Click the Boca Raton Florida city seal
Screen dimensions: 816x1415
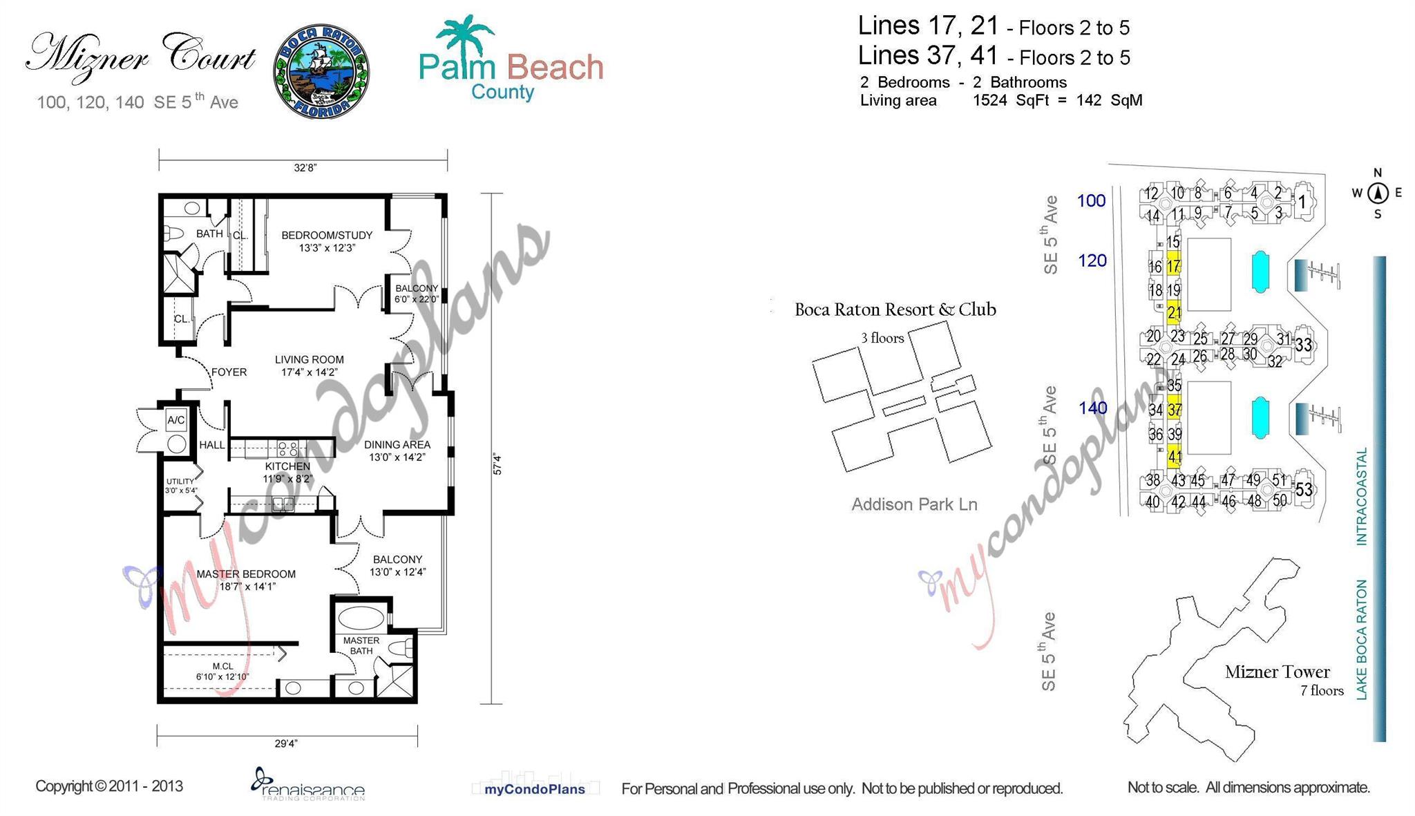coord(322,71)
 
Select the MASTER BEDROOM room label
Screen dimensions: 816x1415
coord(246,574)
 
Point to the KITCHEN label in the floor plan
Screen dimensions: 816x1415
coord(287,466)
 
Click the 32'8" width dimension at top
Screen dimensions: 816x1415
coord(305,168)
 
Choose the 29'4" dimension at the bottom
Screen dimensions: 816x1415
coord(286,743)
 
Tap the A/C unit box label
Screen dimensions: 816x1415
coord(176,420)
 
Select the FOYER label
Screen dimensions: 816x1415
coord(229,372)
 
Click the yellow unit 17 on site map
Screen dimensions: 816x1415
coord(1173,266)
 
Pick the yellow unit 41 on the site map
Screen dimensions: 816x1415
coord(1174,457)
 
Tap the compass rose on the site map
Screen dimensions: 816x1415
coord(1377,193)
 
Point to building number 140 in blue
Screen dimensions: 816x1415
coord(1092,408)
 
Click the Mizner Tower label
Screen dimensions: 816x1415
coord(1277,672)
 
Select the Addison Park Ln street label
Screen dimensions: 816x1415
coord(913,504)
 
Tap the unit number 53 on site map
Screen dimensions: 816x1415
coord(1304,490)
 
